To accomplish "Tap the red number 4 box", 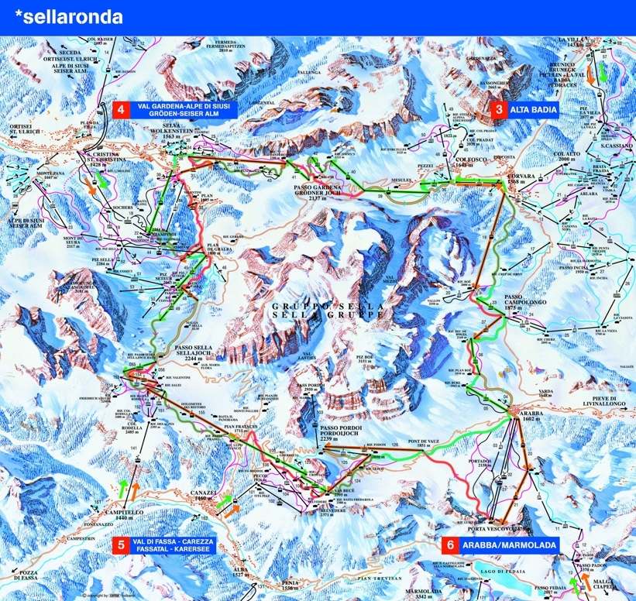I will (x=120, y=109).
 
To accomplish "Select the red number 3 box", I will (x=497, y=109).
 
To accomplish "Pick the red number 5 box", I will (x=119, y=544).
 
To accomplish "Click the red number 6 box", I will (x=449, y=544).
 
